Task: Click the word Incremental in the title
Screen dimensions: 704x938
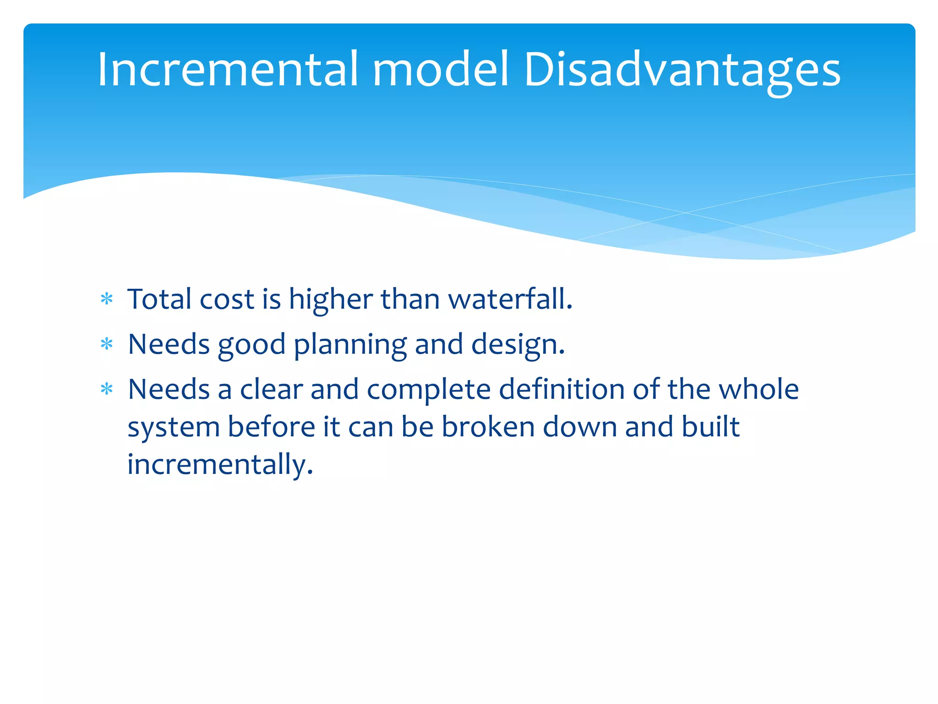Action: pos(227,70)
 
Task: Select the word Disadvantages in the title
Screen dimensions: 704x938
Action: pos(682,70)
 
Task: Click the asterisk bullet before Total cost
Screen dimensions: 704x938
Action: pos(107,300)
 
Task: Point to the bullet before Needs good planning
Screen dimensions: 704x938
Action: pos(107,344)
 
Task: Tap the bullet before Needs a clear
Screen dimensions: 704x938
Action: pos(107,390)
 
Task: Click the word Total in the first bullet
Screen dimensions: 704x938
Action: pos(159,299)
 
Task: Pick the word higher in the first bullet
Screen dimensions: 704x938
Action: pos(331,299)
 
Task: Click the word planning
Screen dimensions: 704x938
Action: pos(350,345)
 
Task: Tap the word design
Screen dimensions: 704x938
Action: pos(518,345)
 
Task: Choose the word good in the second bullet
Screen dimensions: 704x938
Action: pos(251,345)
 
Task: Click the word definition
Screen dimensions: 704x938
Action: pos(562,390)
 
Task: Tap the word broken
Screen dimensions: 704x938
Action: pos(488,427)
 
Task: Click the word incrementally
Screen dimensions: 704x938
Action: pos(220,464)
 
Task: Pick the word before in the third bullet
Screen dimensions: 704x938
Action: pos(271,427)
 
